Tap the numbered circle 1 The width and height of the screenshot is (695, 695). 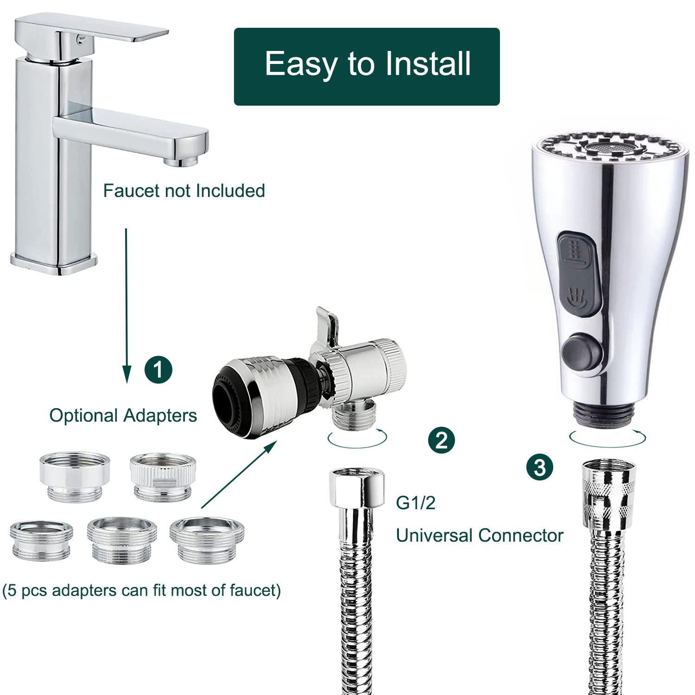point(158,370)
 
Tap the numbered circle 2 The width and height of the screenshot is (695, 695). point(441,440)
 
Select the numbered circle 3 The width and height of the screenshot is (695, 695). point(540,468)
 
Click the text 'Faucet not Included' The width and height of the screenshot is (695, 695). point(183,191)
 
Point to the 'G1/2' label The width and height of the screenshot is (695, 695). point(416,503)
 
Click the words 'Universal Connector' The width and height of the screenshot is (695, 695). point(479,536)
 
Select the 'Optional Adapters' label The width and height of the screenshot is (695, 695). point(123,415)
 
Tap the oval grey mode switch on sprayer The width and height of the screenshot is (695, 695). point(576,274)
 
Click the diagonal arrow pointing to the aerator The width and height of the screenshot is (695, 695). point(239,475)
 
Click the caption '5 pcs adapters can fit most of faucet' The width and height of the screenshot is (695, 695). point(141,591)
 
